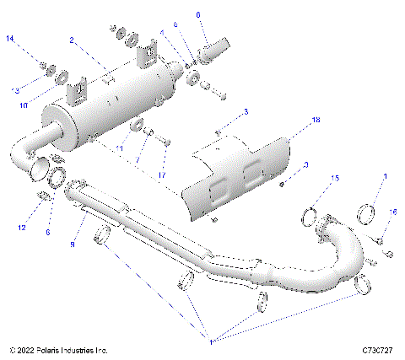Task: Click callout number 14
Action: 10,40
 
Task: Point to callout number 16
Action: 392,212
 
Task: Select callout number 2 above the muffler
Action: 73,40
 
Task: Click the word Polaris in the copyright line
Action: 57,349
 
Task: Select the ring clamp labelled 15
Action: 311,221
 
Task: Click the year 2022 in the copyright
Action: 27,349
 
